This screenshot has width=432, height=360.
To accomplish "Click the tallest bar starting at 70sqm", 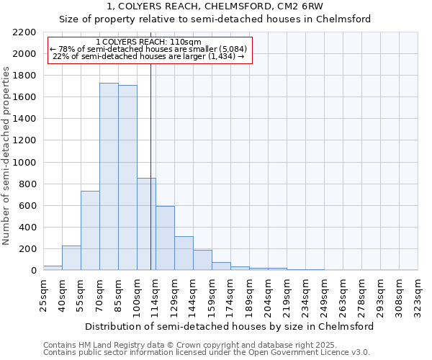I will (109, 176).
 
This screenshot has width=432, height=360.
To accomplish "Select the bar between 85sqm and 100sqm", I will (127, 178).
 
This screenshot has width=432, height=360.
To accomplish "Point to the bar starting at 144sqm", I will (202, 260).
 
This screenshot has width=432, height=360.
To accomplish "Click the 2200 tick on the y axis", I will (24, 32).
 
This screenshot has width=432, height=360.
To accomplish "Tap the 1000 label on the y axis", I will (24, 163).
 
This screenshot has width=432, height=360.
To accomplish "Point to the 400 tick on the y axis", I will (27, 228).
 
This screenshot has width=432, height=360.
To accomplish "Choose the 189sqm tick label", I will (250, 295).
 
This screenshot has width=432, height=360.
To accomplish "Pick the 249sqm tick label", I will (325, 295).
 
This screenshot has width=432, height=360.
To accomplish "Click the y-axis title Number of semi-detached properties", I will (7, 156).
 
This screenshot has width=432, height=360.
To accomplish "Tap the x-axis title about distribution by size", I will (229, 326).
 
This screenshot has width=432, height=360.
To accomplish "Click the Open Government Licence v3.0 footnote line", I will (206, 353).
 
